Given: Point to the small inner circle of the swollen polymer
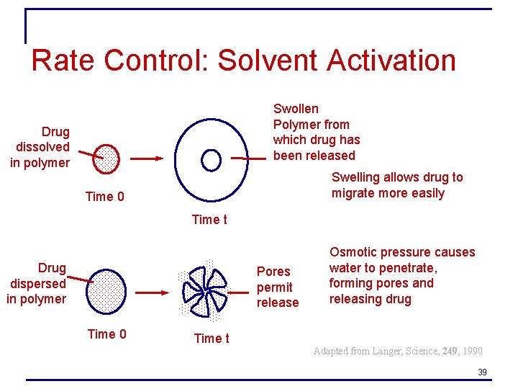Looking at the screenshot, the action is [211, 160].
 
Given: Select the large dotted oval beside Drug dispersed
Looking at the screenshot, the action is [106, 291].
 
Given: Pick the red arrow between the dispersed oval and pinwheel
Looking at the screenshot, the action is [150, 292].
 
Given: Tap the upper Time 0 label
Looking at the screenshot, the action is [104, 197].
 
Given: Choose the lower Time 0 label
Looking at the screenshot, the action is [106, 334].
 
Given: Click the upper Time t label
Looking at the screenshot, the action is [209, 220].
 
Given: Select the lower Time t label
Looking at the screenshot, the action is [212, 339].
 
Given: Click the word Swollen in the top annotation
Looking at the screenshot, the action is [296, 109].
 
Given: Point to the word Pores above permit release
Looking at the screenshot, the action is [273, 272].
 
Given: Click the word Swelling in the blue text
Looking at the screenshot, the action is [355, 177].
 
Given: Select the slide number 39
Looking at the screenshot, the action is [482, 372].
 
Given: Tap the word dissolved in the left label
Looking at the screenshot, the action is [42, 147].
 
